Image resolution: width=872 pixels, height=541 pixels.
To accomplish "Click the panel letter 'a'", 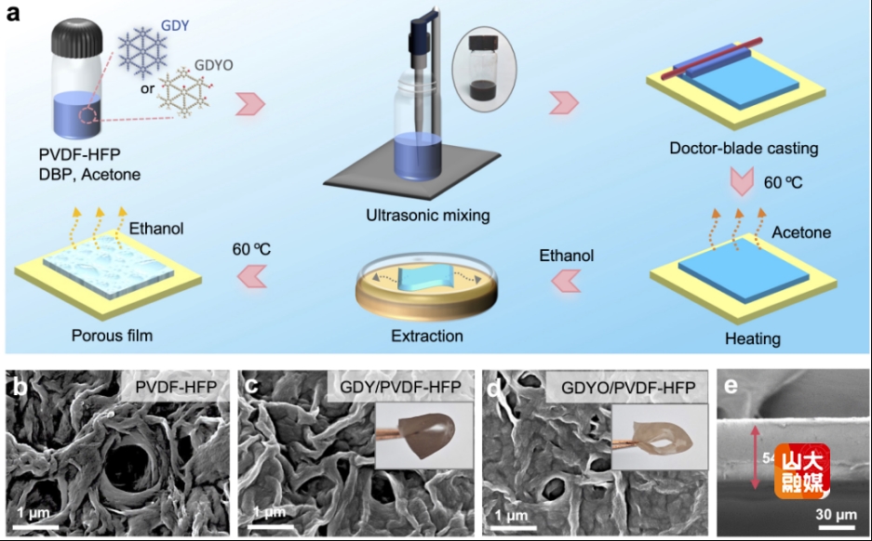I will pyautogui.click(x=12, y=14).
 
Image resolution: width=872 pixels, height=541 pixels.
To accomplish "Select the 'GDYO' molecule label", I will pyautogui.click(x=213, y=68).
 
